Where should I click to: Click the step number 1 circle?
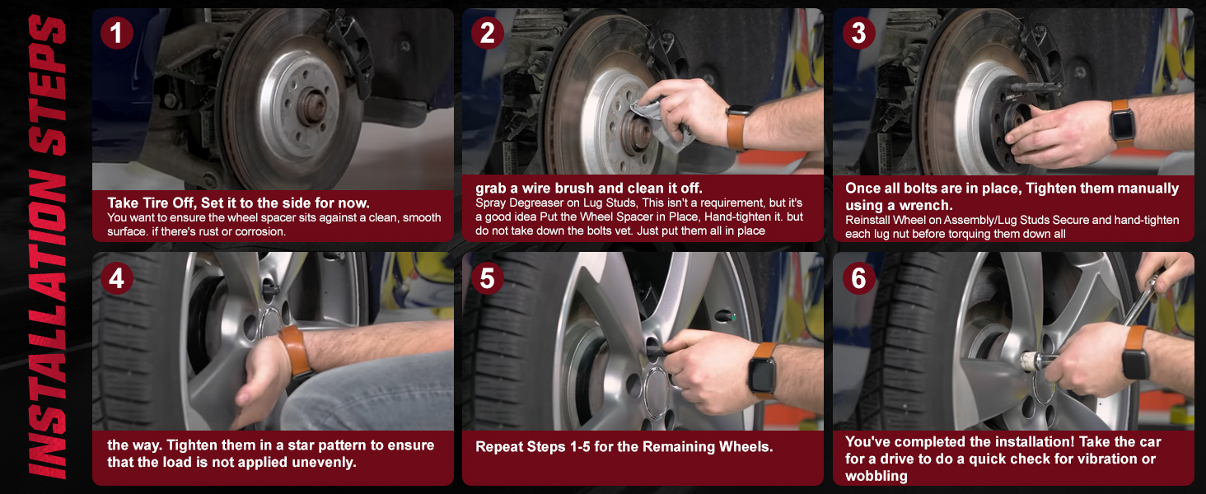coord(116,33)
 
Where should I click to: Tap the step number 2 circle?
coord(487,33)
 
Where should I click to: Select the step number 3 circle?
coord(858,33)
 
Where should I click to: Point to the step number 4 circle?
coord(116,278)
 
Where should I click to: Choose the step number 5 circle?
coord(487,278)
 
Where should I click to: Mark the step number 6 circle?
coord(858,278)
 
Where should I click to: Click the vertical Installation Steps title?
coord(45,247)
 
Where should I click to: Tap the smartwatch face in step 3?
coord(1121,126)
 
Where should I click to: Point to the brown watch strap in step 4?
coord(294,350)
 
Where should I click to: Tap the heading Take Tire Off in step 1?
coord(155,203)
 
